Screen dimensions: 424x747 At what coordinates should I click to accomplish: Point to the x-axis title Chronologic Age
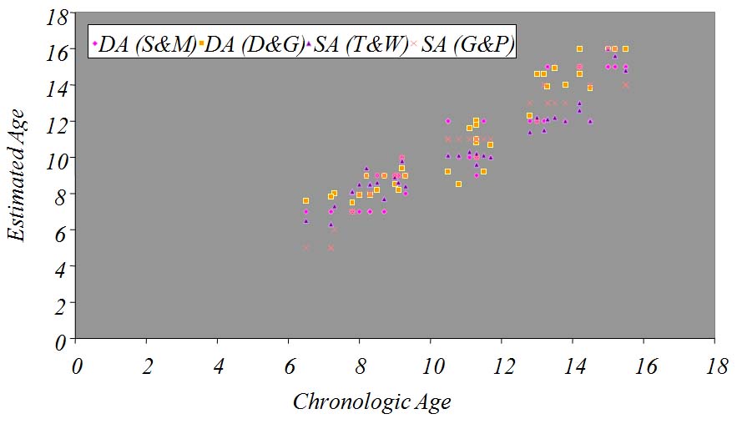point(371,402)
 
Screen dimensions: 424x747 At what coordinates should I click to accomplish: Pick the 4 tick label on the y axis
point(58,268)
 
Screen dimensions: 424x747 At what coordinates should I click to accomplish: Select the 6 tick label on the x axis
point(290,366)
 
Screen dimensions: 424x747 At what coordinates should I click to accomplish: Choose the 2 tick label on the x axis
point(148,366)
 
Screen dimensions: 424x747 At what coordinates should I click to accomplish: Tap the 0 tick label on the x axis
point(77,366)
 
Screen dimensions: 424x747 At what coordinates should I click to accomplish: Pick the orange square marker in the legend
point(201,43)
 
